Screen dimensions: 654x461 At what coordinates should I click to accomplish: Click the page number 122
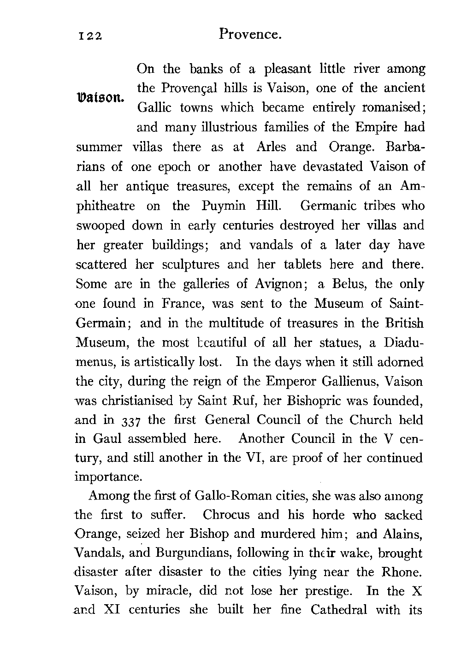[89, 36]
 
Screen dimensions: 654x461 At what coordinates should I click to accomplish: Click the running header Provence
[250, 34]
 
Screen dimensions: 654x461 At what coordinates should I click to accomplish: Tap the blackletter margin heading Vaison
[99, 98]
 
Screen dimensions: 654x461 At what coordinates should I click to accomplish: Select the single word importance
[107, 476]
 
